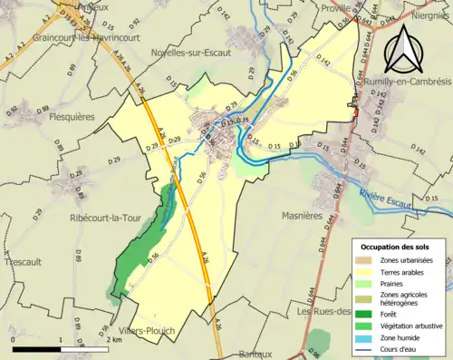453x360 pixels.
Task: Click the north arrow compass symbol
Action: (x=410, y=48)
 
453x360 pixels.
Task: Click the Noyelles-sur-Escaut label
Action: (x=191, y=53)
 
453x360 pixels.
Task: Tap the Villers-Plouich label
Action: (x=147, y=331)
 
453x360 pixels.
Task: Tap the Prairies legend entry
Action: (x=395, y=283)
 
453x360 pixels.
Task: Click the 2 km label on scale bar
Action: (x=112, y=339)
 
